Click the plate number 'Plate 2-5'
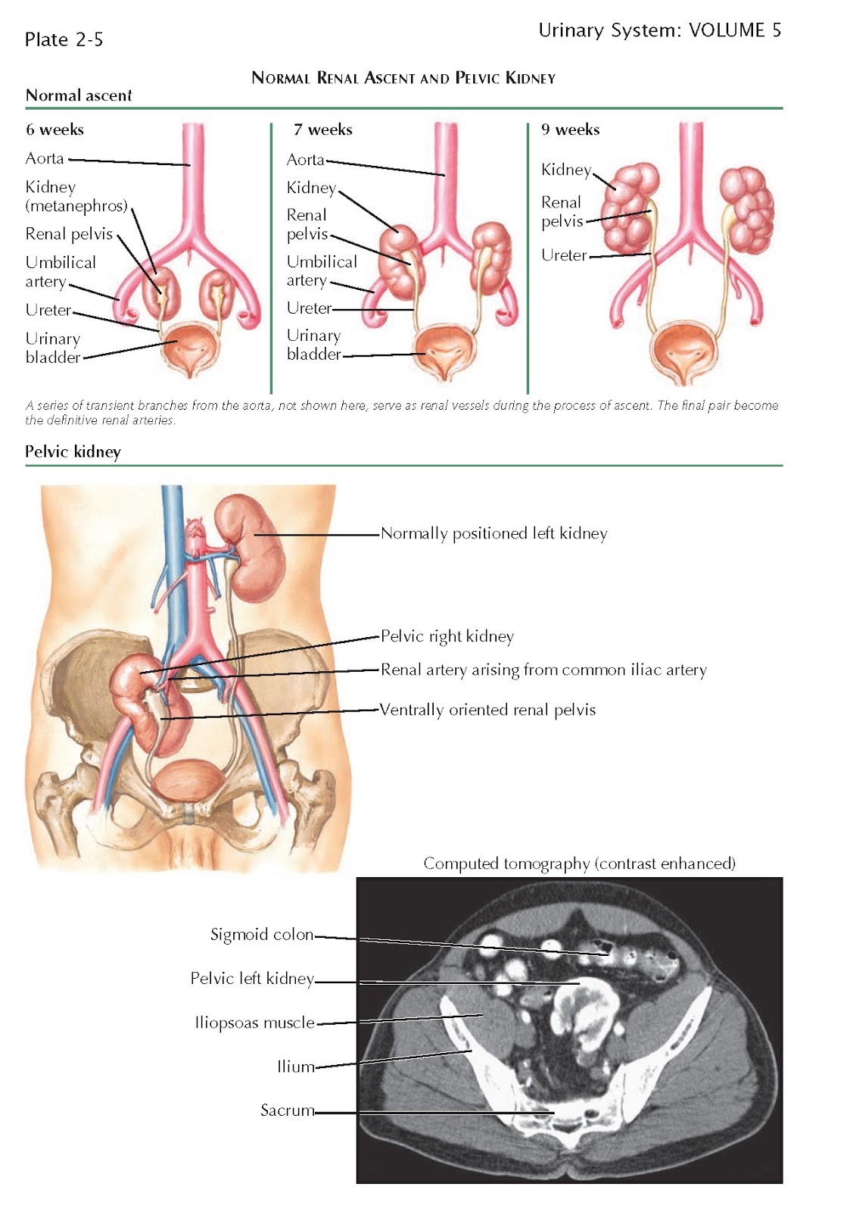[64, 39]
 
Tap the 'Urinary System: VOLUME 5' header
[659, 30]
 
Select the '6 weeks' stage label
[54, 130]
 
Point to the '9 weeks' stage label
[570, 130]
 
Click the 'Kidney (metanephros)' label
[76, 196]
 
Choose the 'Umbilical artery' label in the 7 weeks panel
[321, 270]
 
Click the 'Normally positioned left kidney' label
[493, 533]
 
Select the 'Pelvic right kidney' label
[447, 636]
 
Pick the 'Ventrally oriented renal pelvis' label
[487, 710]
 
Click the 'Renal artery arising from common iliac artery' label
[543, 670]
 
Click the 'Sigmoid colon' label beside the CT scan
[261, 935]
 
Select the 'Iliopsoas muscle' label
[254, 1023]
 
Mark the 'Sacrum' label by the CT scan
[287, 1110]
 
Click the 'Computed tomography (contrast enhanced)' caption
[579, 864]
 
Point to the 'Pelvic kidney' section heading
[73, 452]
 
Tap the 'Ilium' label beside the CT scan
[295, 1067]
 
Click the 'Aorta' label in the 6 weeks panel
[45, 158]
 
